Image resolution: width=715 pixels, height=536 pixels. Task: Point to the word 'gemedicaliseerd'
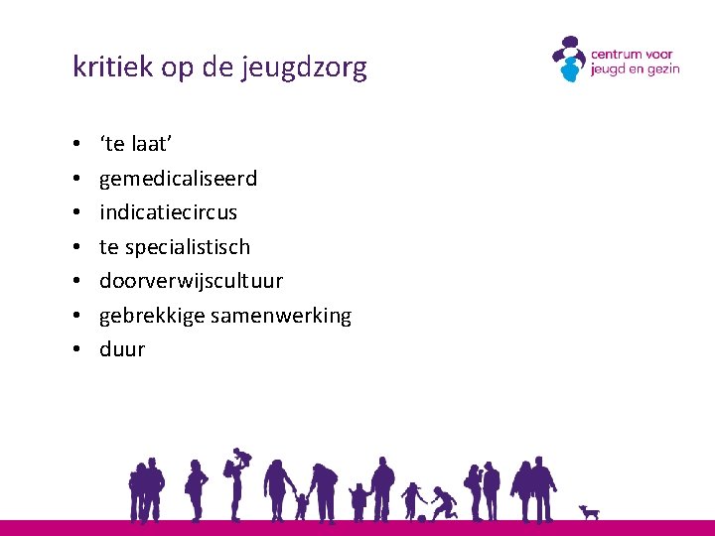178,179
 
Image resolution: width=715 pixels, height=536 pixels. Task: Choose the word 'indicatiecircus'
168,212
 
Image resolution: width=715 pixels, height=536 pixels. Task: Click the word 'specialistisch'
188,247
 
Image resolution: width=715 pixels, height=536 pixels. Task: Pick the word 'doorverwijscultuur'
191,281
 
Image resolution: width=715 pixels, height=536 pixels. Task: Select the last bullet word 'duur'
122,349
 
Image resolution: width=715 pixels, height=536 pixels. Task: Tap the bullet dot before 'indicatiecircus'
76,213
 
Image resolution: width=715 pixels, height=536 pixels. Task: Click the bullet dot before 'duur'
76,350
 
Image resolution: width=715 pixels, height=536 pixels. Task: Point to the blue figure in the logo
569,69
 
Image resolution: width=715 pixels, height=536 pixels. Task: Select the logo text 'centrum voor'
632,55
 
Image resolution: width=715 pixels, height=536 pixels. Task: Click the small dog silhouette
590,512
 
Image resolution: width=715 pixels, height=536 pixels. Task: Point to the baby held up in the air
241,458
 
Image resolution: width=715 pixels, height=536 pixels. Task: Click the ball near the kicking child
422,517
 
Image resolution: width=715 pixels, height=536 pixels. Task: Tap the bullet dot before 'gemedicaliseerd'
76,180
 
